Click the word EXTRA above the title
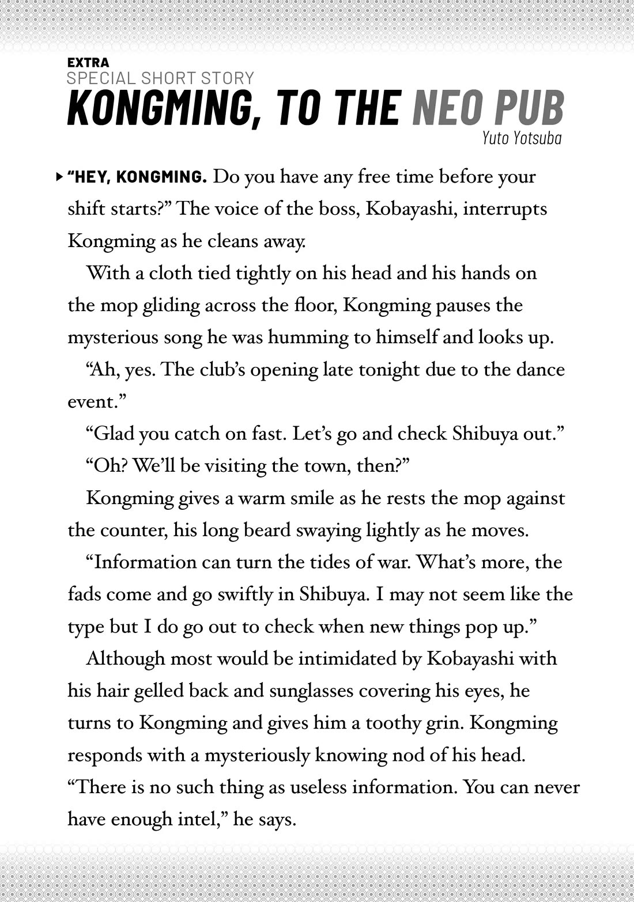[x=88, y=62]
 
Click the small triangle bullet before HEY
[x=60, y=176]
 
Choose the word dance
[x=538, y=369]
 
